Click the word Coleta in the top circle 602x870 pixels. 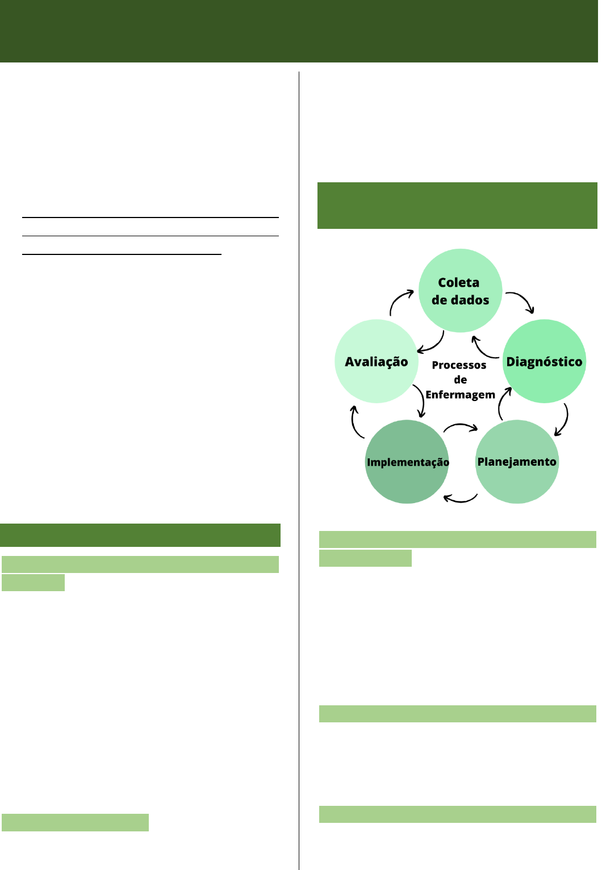coord(458,282)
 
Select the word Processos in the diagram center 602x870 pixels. coord(459,365)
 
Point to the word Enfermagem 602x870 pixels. coord(460,395)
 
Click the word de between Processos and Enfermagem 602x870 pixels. coord(460,380)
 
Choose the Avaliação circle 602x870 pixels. coord(377,362)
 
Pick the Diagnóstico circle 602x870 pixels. coord(544,362)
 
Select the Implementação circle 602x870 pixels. coord(407,462)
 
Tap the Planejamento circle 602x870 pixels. coord(517,462)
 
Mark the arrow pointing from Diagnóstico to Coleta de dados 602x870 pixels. coord(483,348)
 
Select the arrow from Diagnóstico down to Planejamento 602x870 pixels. coord(562,420)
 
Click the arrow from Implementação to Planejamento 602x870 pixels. coord(461,427)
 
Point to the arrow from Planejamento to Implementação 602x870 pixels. coord(460,499)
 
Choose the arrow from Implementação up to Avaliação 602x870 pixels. coord(356,422)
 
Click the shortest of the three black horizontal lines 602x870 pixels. coord(122,254)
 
